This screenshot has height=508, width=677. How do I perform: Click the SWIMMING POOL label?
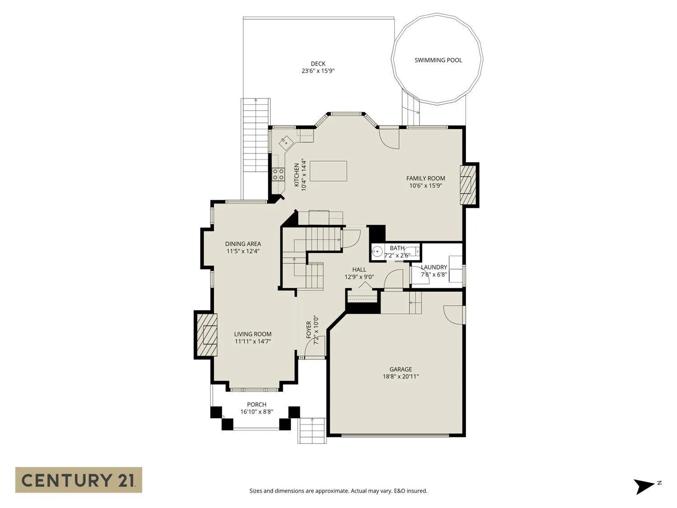point(438,60)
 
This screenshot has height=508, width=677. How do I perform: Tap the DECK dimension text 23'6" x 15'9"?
point(318,71)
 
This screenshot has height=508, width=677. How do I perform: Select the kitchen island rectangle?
point(328,171)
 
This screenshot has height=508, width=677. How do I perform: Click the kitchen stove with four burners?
point(278,174)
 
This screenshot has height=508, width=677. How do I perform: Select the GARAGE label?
point(401,369)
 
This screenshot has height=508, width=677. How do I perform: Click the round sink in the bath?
point(376,252)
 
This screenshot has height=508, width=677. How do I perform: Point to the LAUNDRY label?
point(434,267)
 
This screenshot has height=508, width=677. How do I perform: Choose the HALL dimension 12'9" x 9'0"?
point(359,277)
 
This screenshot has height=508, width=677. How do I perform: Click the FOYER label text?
point(309,330)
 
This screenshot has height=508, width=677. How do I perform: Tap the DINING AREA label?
point(243,244)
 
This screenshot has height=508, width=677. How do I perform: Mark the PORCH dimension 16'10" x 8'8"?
point(257,411)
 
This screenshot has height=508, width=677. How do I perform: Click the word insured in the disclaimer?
point(417,491)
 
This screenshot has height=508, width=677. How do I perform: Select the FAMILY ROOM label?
point(426,178)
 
